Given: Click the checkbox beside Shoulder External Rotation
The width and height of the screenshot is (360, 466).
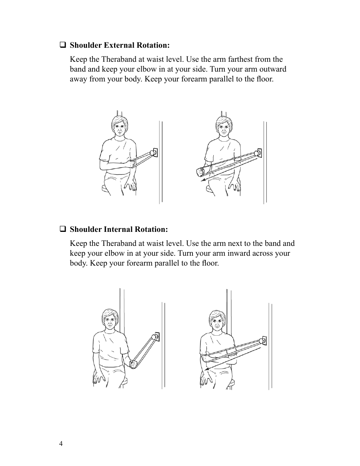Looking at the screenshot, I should (63, 45).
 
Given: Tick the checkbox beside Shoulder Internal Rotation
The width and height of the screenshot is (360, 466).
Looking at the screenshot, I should (63, 229).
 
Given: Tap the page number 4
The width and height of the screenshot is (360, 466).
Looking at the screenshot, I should (61, 444).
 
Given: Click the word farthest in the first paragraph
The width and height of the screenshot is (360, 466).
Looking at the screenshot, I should (241, 59).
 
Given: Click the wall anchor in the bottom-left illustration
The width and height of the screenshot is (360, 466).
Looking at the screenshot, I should (155, 336).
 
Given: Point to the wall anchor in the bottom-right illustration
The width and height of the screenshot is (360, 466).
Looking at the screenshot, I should (263, 340).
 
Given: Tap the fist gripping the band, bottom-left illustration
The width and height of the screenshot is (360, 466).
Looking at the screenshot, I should (133, 364).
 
